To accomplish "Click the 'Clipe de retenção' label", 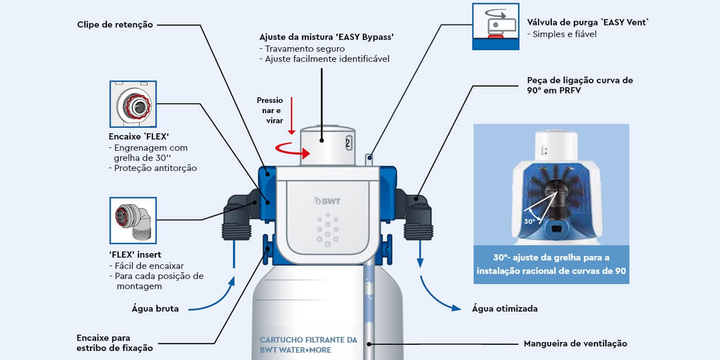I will click(115, 25).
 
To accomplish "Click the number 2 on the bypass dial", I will click(348, 143).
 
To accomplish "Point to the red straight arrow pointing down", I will click(291, 115).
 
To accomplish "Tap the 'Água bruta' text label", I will click(155, 308).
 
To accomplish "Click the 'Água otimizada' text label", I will click(504, 308).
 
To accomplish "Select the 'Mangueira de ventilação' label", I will click(575, 343).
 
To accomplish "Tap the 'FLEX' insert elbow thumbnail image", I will click(133, 220).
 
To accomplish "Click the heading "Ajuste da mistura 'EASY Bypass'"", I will click(326, 37).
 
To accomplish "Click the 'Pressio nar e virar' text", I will click(271, 110).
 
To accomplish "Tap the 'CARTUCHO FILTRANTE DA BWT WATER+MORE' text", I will click(308, 345).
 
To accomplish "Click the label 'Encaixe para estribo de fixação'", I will click(114, 343).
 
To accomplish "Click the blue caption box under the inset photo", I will click(551, 264).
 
